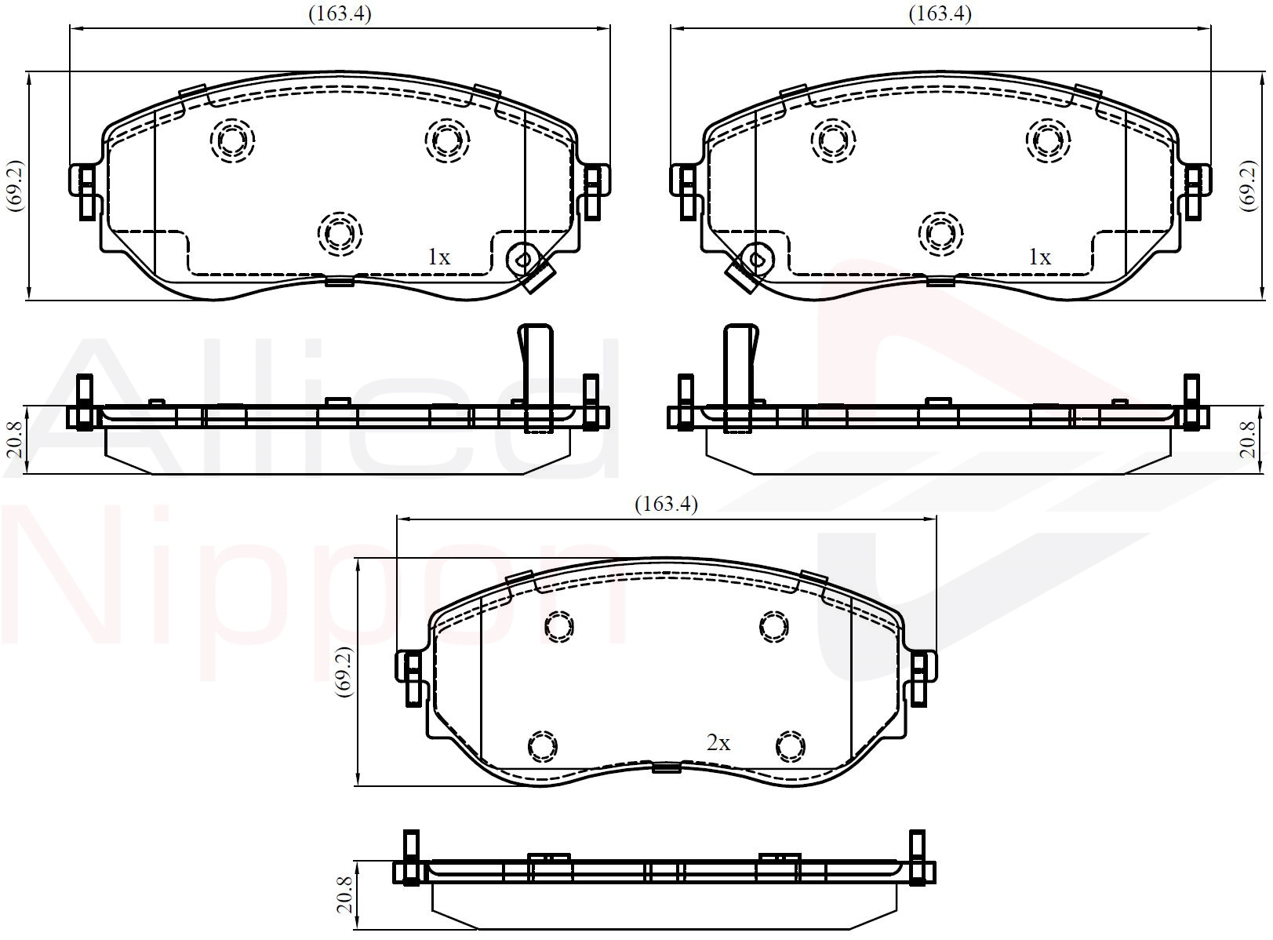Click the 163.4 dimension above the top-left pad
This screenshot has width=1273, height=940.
(340, 13)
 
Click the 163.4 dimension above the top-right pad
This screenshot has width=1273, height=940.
(940, 13)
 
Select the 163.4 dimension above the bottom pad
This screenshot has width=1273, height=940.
(666, 504)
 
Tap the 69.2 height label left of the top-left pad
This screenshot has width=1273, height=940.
(14, 186)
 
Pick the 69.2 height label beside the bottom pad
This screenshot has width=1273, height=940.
(346, 672)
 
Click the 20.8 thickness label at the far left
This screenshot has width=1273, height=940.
(15, 440)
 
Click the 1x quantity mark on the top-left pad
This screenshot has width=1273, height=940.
(439, 257)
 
